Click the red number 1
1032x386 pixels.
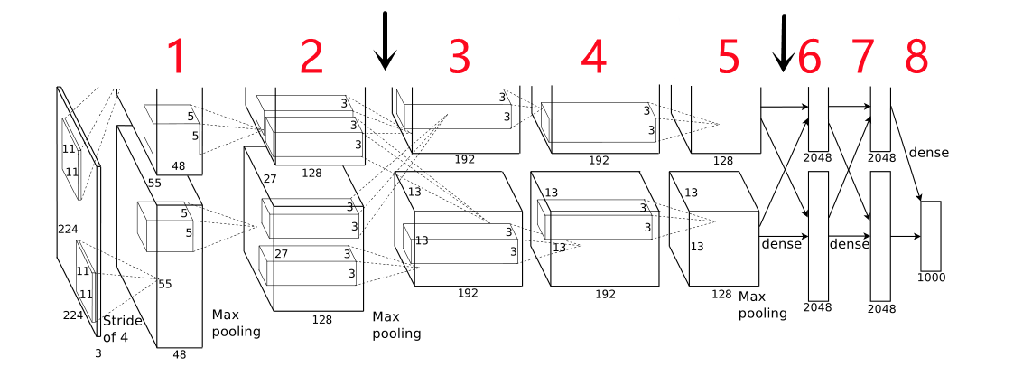point(177,58)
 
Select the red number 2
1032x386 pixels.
point(311,58)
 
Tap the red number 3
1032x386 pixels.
point(460,58)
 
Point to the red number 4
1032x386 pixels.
point(593,58)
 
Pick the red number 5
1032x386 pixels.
point(728,58)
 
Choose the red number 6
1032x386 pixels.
point(810,58)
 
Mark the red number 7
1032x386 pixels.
point(863,58)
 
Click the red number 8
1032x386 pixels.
point(916,58)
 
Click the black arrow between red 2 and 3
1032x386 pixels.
point(386,41)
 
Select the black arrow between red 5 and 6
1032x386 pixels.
point(784,43)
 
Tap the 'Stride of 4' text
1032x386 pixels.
point(122,328)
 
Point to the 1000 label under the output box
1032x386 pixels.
point(931,278)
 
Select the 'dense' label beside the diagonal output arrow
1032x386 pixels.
point(929,153)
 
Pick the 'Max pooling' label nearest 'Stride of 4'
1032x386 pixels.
point(236,323)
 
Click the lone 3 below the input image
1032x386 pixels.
point(98,353)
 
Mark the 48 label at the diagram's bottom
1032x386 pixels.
point(180,355)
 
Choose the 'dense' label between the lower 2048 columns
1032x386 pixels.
point(850,244)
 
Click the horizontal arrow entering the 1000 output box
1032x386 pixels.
point(906,237)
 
